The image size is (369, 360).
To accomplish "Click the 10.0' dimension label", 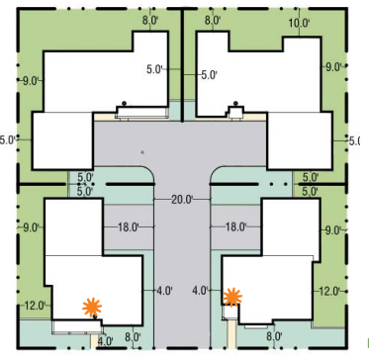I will (298, 21).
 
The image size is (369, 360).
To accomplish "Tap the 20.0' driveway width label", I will (181, 199).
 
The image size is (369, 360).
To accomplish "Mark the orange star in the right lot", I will (232, 295).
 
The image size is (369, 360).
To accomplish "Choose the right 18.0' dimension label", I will (235, 226).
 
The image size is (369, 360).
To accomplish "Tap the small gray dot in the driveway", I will (142, 152).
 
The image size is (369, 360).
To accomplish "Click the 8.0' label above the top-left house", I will (151, 21).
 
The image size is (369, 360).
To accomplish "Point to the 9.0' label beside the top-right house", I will (331, 66).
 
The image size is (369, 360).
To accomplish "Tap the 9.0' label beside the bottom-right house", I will (332, 229).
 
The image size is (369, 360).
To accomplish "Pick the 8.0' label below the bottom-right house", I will (273, 336).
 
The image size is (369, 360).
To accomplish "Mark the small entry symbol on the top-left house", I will (125, 105).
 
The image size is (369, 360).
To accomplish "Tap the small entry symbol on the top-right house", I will (235, 106).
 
